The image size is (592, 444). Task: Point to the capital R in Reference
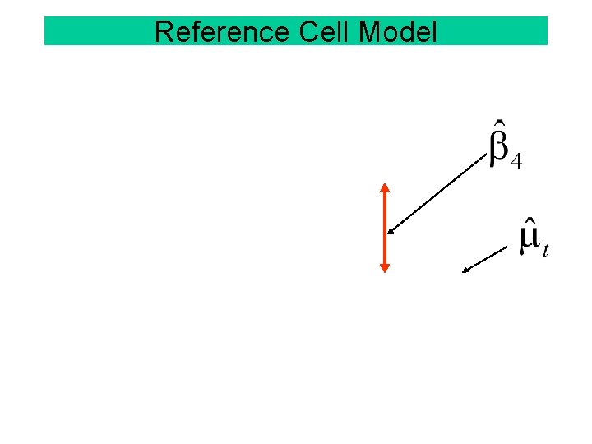click(163, 32)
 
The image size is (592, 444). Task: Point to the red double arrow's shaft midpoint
click(384, 227)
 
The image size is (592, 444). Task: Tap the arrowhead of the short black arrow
click(465, 268)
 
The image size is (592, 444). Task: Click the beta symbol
click(499, 148)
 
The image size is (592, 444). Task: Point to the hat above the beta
click(499, 127)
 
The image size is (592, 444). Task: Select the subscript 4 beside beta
click(516, 162)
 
